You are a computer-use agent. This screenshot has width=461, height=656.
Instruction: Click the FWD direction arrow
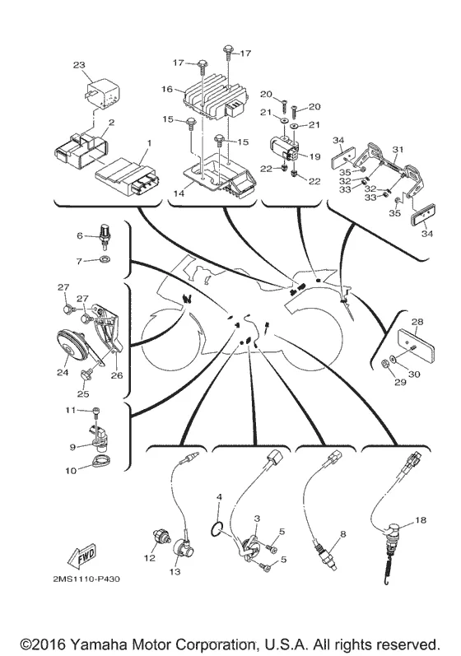click(81, 556)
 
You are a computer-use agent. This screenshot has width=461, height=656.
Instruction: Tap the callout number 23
click(79, 65)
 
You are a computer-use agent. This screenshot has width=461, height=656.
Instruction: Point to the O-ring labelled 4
click(215, 529)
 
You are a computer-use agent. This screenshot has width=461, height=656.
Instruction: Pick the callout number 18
click(421, 520)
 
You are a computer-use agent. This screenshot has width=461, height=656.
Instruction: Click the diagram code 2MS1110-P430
click(86, 579)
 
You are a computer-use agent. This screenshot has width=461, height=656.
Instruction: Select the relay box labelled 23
click(104, 94)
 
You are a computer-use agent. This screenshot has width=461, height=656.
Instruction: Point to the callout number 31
click(398, 149)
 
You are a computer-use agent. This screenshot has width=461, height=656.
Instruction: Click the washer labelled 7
click(105, 260)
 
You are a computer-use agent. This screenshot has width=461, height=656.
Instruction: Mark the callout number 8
click(343, 534)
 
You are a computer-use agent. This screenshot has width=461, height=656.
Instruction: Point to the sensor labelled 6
click(104, 236)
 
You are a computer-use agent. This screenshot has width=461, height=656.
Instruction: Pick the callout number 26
click(117, 375)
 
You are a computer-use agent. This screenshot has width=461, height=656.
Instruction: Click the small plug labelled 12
click(161, 536)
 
